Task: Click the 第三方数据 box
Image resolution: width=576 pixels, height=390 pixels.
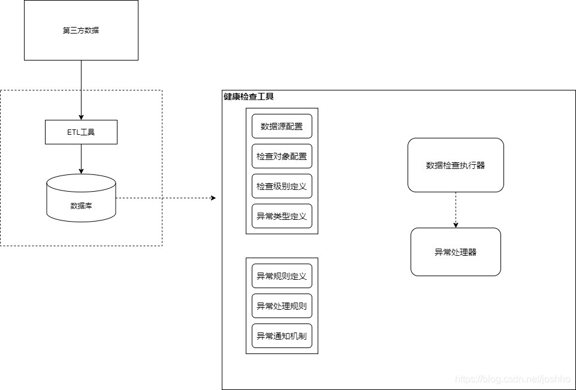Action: (x=81, y=30)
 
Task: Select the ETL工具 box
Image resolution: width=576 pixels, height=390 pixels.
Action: (x=81, y=132)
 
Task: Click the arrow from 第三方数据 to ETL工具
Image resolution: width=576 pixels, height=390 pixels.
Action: (x=81, y=90)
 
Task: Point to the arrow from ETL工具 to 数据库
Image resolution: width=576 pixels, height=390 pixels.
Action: (x=81, y=159)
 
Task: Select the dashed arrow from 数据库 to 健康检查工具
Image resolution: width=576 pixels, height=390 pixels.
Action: (x=165, y=198)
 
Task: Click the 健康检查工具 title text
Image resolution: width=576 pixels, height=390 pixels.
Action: (x=249, y=96)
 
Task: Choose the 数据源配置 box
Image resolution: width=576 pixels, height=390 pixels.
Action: (x=282, y=126)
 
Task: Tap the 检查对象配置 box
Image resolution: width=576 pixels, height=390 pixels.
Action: (x=282, y=156)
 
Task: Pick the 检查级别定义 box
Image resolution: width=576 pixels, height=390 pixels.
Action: (x=282, y=186)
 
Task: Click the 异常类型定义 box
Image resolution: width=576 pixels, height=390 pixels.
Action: (x=282, y=216)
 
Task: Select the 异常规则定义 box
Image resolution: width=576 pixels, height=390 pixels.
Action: (x=282, y=276)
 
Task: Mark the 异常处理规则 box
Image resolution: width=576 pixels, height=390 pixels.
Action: (x=282, y=306)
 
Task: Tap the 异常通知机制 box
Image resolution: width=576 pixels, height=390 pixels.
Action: (x=282, y=336)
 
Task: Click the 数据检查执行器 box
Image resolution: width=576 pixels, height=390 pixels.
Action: (x=456, y=165)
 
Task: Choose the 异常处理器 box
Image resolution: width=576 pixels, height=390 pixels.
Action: (x=456, y=252)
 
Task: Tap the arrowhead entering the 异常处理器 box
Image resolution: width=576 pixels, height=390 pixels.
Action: (x=456, y=225)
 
